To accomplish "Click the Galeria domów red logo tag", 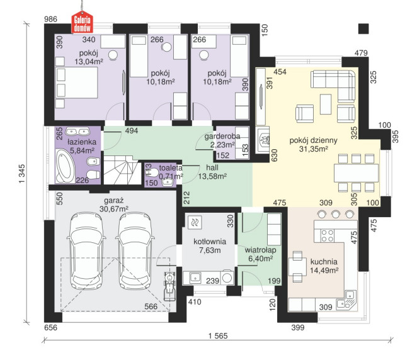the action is [82, 22].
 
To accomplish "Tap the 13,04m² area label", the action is [89, 62].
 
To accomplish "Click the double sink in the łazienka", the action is [77, 132].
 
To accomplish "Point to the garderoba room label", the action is [222, 137].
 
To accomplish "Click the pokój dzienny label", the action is [313, 140].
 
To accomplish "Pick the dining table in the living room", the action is [356, 173].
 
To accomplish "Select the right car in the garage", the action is [135, 251].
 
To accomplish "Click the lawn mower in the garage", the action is [169, 286].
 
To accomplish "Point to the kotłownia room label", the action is [210, 242].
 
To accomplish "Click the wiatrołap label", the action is [260, 250].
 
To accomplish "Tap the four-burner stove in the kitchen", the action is [327, 235].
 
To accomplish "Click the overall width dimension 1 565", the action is [218, 336].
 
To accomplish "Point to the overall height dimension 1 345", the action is [22, 174].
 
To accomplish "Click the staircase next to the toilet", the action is [122, 170].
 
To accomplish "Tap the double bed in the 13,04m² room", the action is [77, 82].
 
